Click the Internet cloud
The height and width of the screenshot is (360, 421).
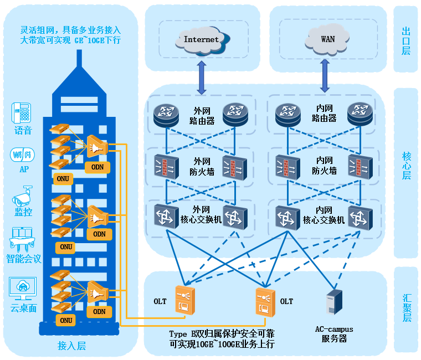(x=201, y=40)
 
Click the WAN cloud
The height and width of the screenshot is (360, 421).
(x=327, y=40)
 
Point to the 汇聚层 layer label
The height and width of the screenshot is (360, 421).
(x=406, y=307)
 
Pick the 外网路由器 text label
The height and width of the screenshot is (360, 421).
(x=202, y=115)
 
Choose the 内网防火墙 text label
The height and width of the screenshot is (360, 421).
(x=324, y=166)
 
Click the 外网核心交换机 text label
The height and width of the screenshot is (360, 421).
(x=201, y=215)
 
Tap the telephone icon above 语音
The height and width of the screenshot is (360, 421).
(x=22, y=114)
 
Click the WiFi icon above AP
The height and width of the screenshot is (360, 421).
(x=22, y=155)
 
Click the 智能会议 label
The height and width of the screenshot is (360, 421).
(x=24, y=259)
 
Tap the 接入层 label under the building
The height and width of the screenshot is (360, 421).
(x=72, y=346)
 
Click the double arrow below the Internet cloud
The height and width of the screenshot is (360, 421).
(x=201, y=76)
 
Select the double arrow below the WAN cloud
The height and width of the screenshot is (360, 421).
(x=325, y=76)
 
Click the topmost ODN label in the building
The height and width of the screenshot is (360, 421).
(x=99, y=167)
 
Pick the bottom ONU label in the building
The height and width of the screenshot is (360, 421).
(x=66, y=320)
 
